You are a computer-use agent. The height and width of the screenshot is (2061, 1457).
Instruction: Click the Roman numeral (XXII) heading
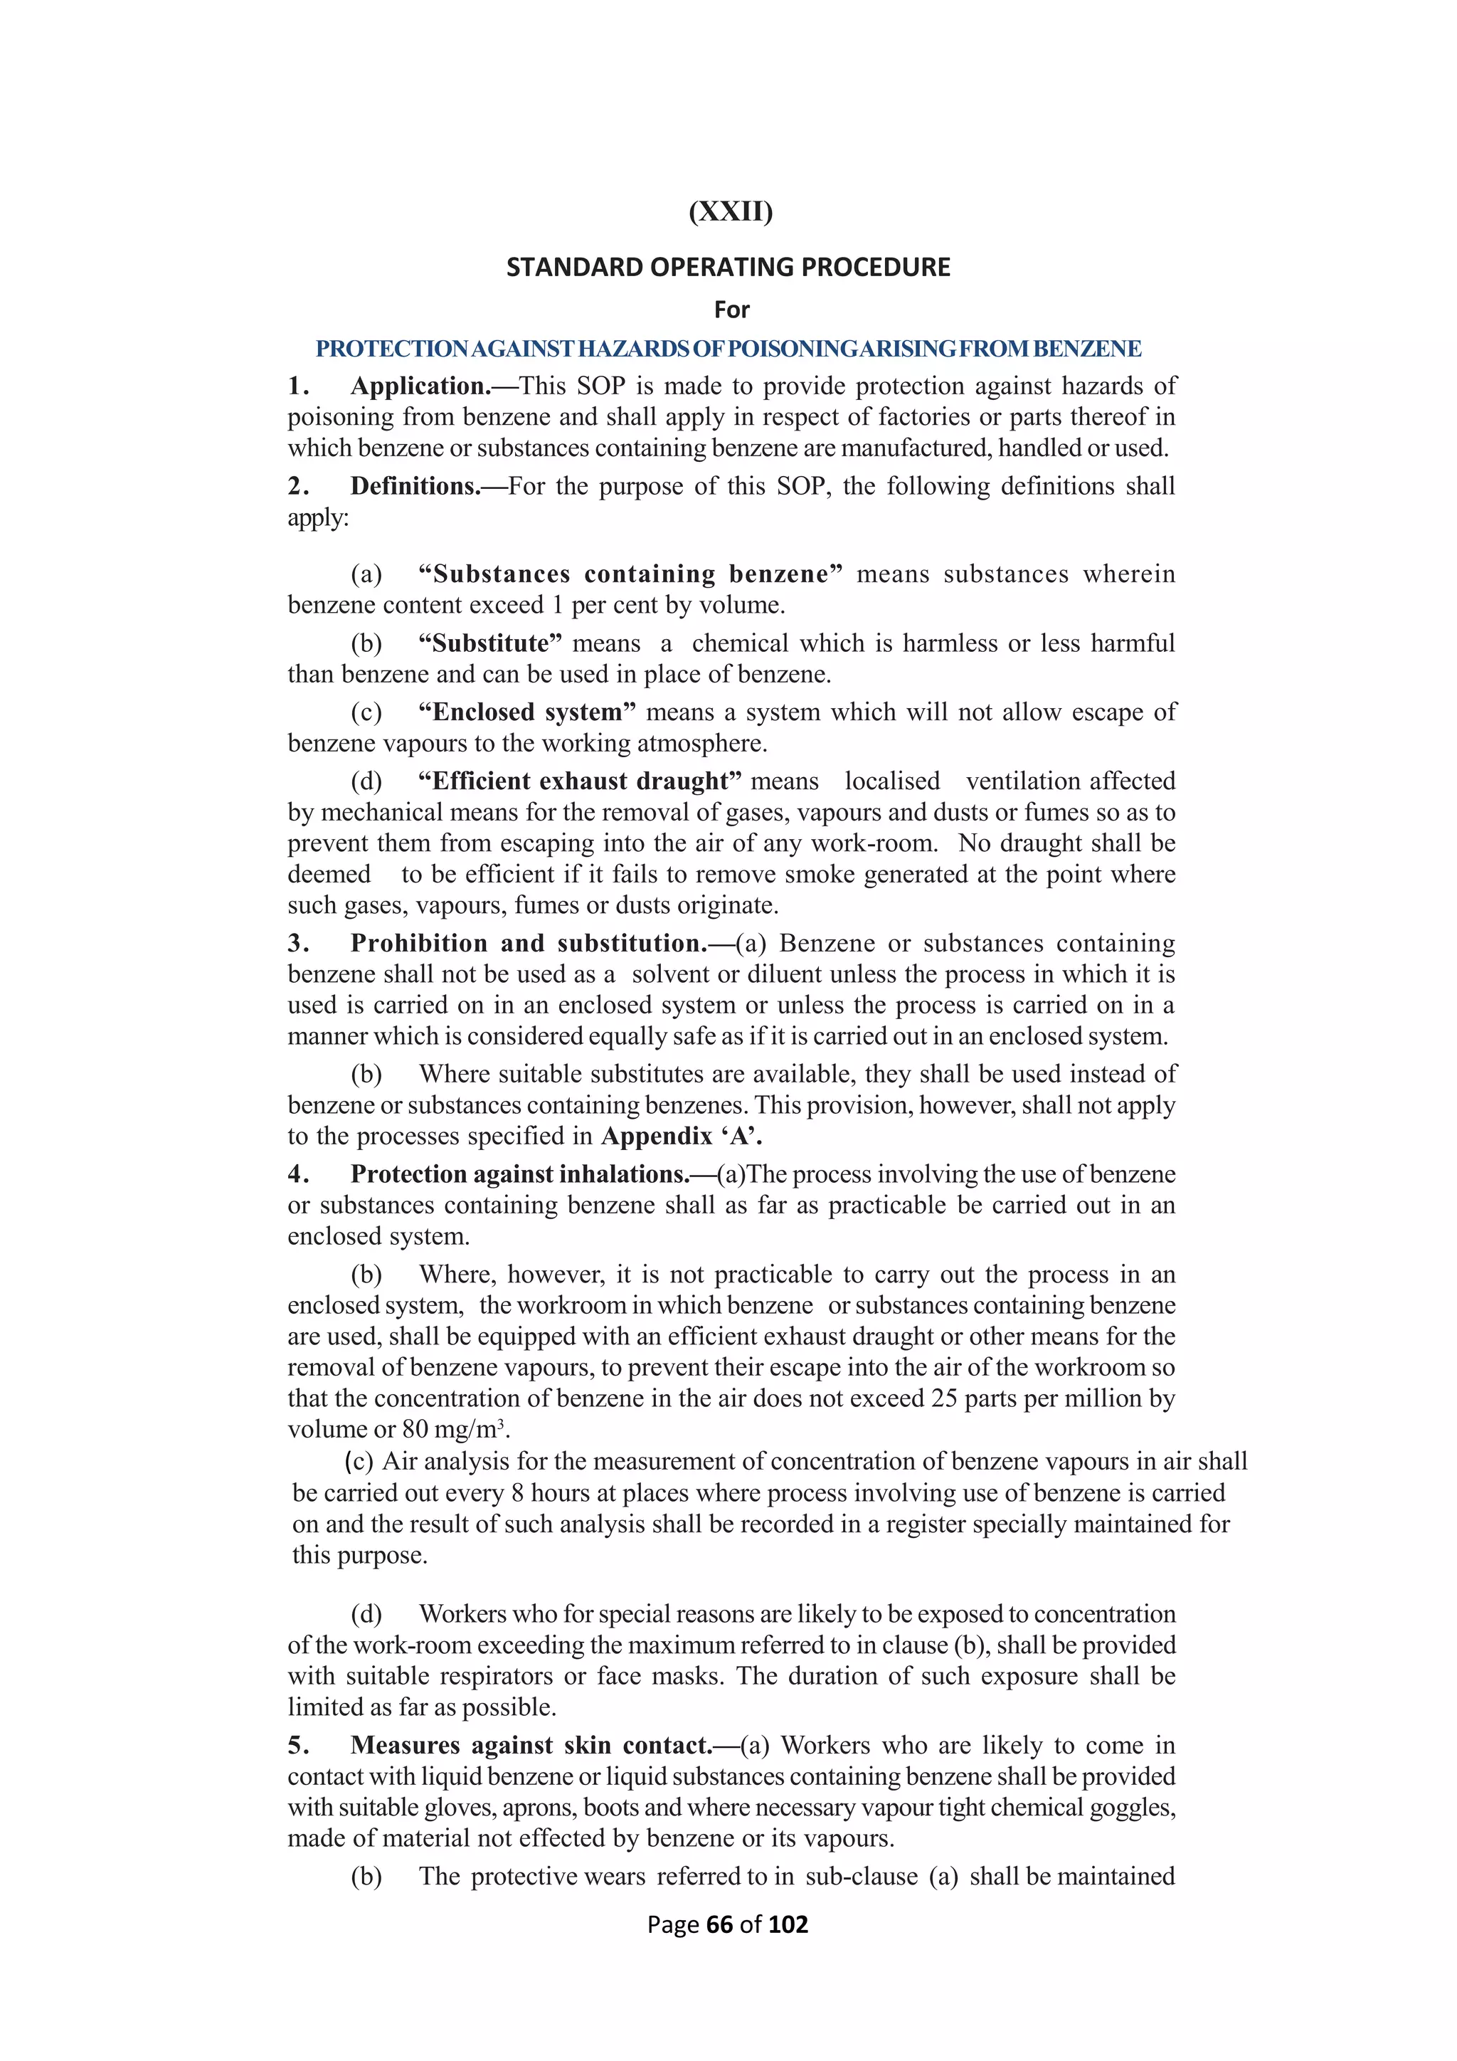[731, 212]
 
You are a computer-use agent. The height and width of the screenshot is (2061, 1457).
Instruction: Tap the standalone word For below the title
[731, 310]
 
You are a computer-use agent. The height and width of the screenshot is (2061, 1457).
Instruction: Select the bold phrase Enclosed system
[526, 712]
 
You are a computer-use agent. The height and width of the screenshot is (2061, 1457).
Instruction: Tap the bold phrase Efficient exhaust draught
[580, 781]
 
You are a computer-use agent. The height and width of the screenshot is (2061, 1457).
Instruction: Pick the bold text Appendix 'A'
[681, 1137]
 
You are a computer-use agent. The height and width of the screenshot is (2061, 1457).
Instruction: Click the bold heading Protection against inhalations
[519, 1175]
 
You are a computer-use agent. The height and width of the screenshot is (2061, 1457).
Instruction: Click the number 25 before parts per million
[944, 1398]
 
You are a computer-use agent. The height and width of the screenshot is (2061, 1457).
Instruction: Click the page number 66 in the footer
[719, 1924]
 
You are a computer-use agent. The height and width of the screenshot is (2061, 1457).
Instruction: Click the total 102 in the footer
[788, 1924]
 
